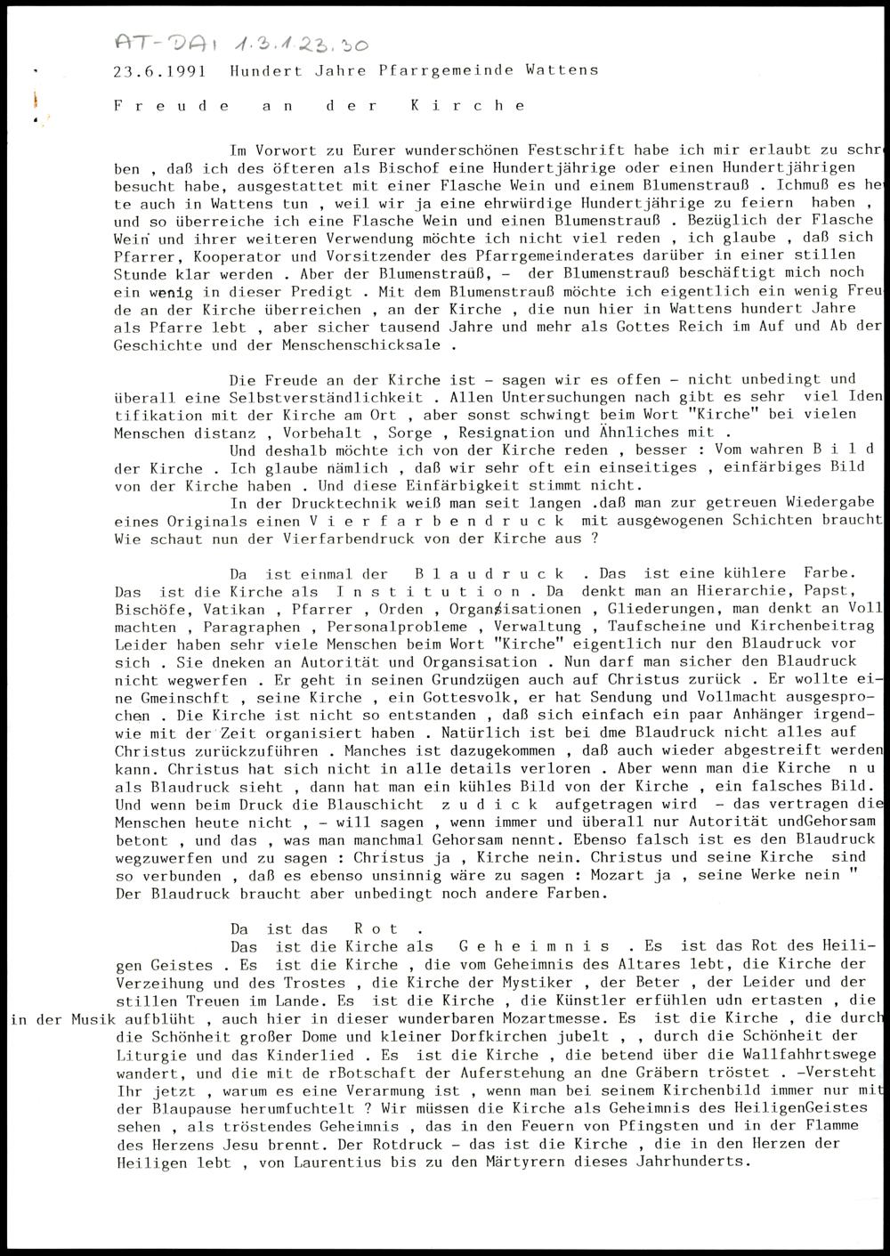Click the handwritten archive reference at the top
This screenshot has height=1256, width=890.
coord(241,44)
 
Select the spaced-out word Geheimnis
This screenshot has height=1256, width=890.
coord(535,946)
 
